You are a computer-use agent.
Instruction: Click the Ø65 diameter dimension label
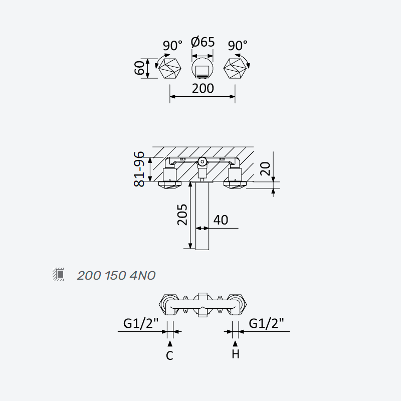(x=203, y=42)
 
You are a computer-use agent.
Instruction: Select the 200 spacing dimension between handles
(x=203, y=89)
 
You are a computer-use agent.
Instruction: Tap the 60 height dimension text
(x=140, y=68)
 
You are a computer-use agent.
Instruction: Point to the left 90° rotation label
(x=172, y=46)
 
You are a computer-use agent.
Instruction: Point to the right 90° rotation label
(x=238, y=46)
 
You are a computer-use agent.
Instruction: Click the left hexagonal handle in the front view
(x=170, y=68)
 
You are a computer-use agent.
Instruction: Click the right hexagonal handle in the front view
(x=235, y=68)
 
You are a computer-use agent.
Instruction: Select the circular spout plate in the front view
(x=203, y=68)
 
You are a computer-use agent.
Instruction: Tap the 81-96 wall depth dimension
(x=139, y=169)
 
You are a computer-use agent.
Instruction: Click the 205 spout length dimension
(x=182, y=215)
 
